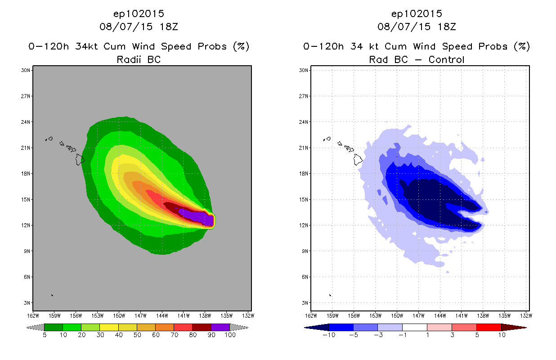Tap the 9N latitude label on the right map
304,251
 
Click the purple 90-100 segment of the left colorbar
220,327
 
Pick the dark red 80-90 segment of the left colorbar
202,327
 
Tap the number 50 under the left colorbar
137,335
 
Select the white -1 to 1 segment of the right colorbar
414,327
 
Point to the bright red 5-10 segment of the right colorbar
488,327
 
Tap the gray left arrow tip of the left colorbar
35,327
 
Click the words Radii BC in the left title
139,59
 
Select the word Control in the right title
447,59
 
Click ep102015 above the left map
139,13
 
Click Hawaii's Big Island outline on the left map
80,159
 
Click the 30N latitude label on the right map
304,70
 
